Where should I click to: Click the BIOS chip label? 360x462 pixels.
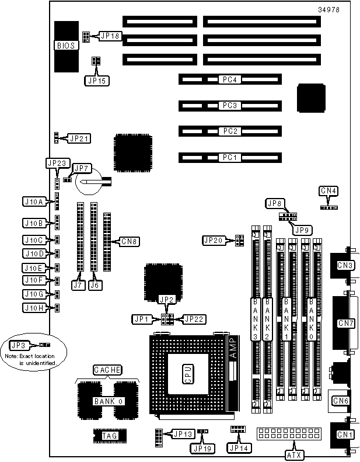pyautogui.click(x=65, y=46)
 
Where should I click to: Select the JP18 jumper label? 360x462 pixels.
pyautogui.click(x=110, y=36)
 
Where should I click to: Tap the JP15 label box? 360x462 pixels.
pyautogui.click(x=97, y=81)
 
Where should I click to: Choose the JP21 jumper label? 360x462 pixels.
pyautogui.click(x=79, y=138)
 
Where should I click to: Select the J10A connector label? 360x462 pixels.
pyautogui.click(x=33, y=202)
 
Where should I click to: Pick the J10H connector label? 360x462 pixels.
pyautogui.click(x=33, y=307)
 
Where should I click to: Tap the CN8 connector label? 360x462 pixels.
pyautogui.click(x=128, y=241)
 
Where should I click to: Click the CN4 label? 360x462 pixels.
pyautogui.click(x=328, y=190)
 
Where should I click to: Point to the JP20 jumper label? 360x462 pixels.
pyautogui.click(x=213, y=240)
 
